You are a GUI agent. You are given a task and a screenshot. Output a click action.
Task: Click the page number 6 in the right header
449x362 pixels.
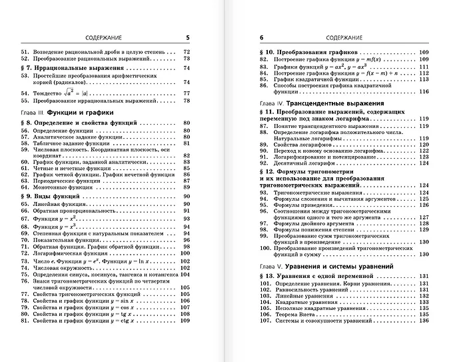click(261, 38)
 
